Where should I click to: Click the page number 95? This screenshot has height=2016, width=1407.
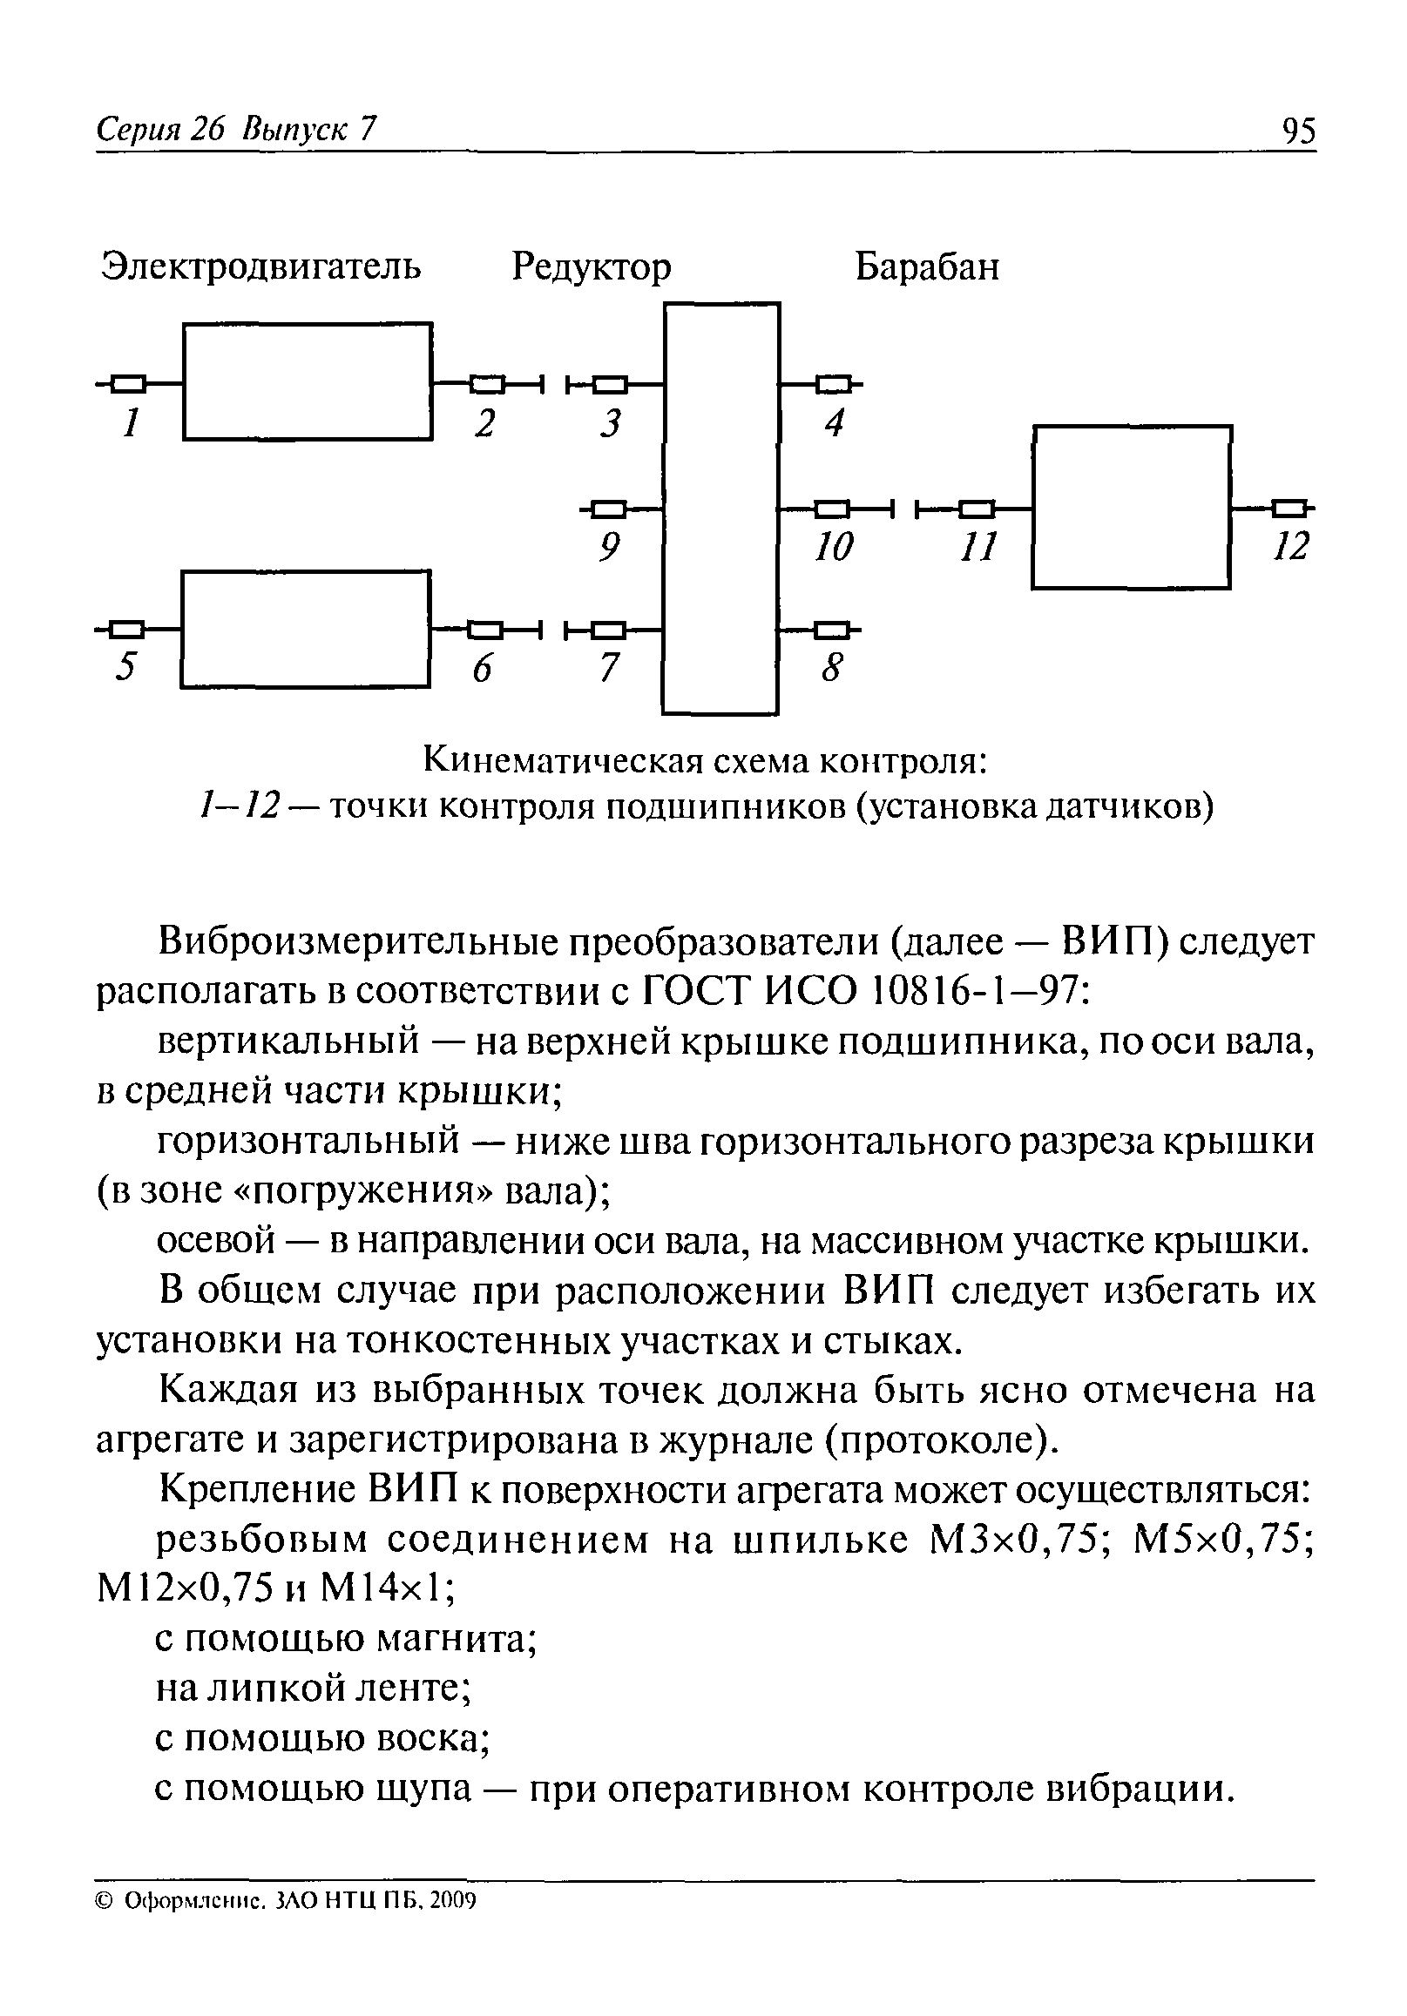point(1298,131)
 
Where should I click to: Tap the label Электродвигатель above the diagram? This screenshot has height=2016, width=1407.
point(261,265)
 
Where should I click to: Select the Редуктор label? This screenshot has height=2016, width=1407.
point(591,266)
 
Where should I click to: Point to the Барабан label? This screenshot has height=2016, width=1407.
point(927,266)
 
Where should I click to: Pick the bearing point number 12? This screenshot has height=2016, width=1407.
point(1291,546)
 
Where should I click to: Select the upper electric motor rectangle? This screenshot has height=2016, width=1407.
point(308,381)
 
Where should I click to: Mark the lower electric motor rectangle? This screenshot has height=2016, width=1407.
point(306,629)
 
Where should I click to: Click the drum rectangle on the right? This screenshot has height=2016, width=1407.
point(1131,507)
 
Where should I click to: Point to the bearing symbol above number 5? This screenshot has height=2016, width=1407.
point(129,629)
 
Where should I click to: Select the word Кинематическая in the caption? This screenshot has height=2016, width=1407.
point(564,760)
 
